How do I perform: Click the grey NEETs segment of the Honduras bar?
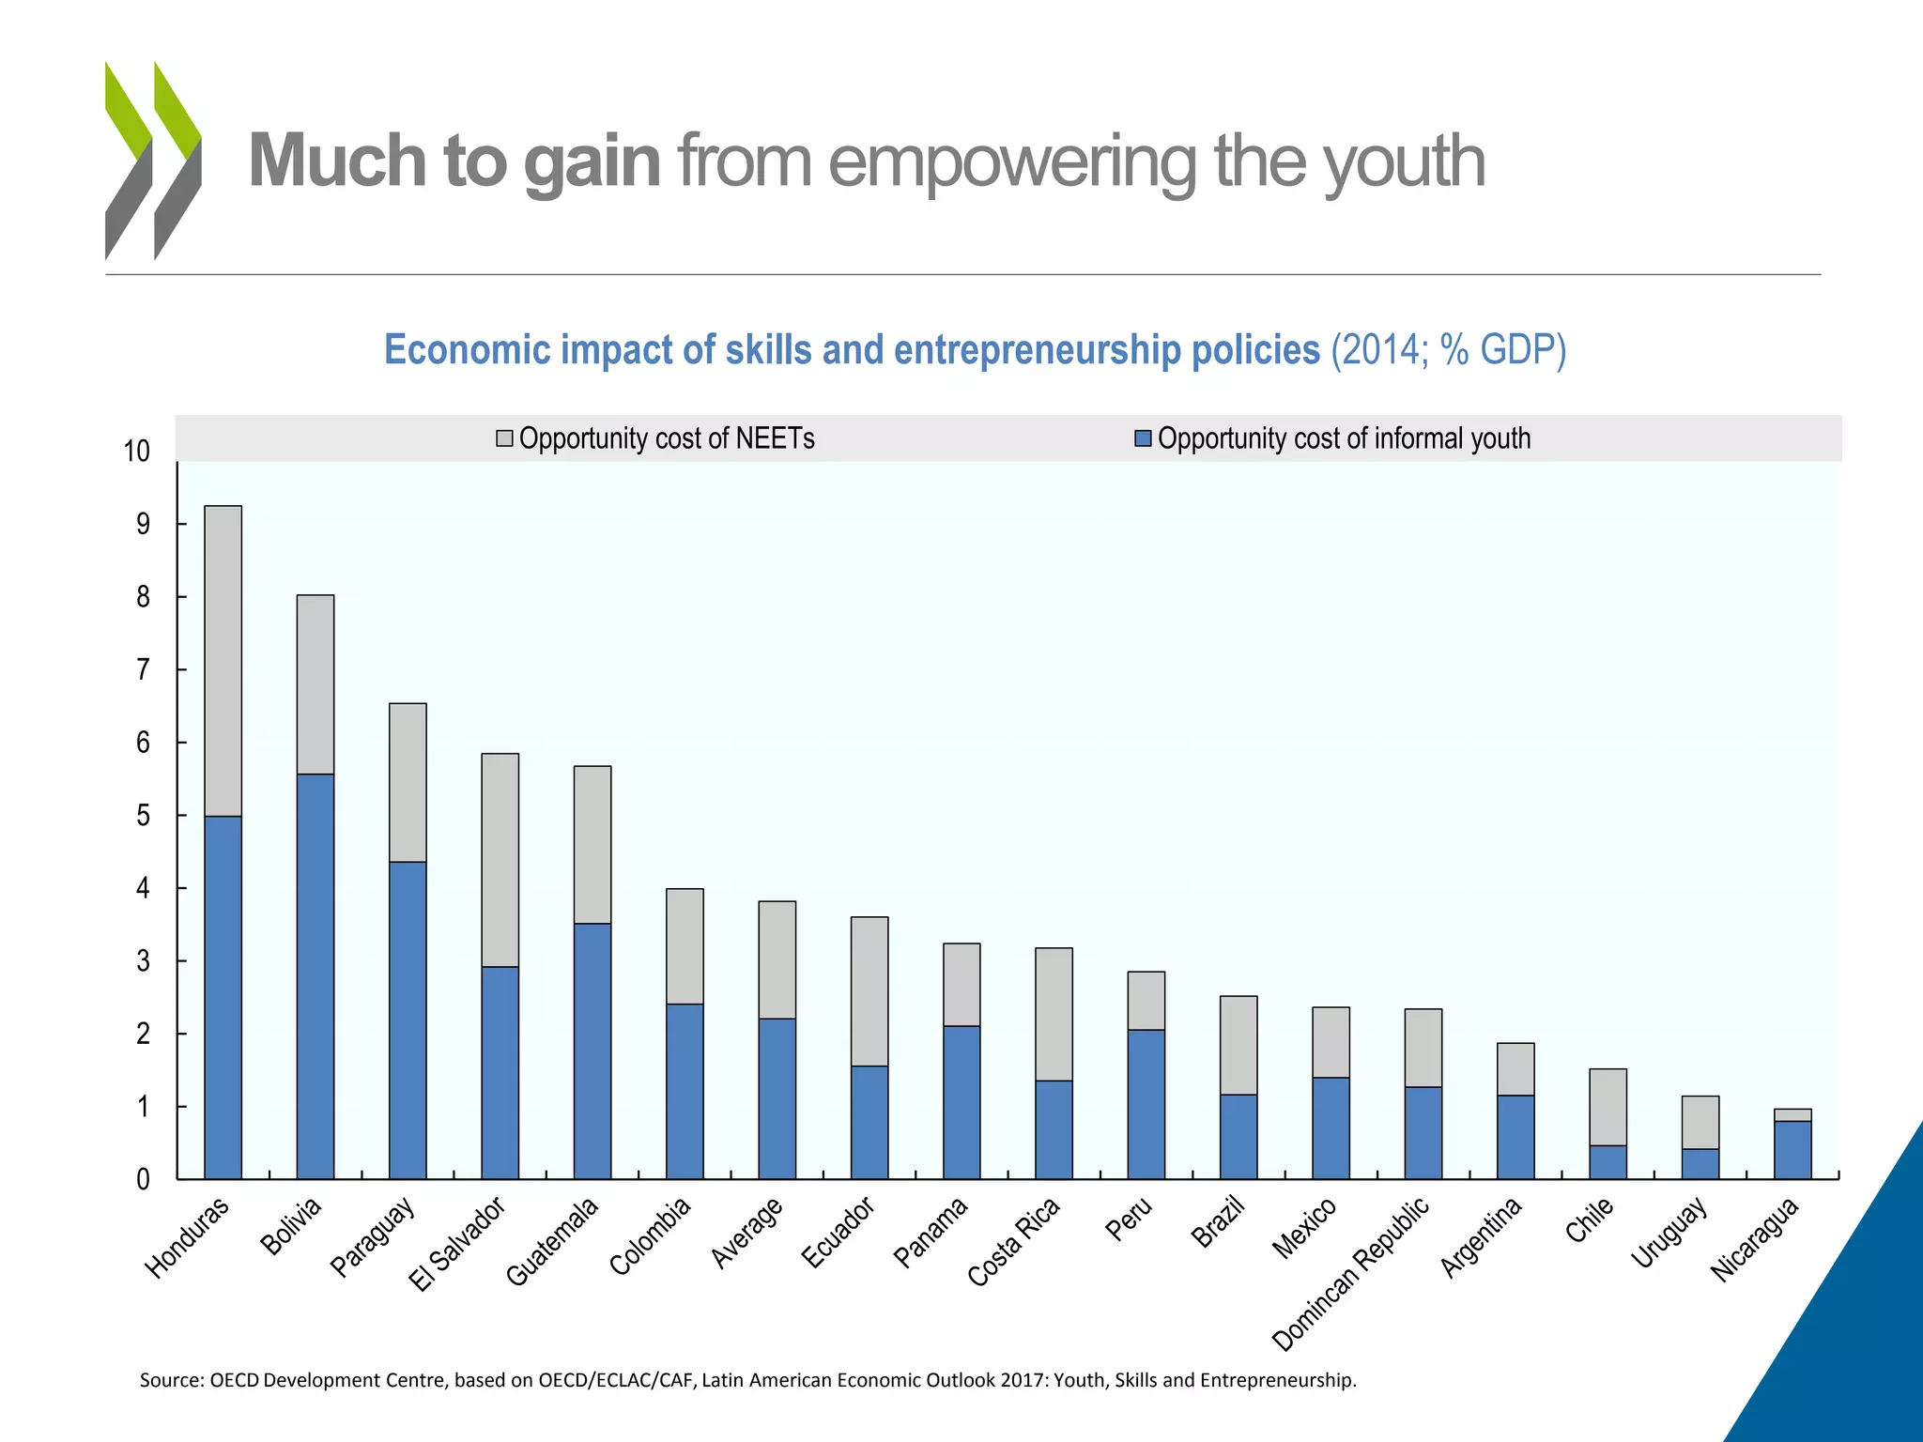(223, 661)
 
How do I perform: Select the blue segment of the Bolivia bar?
(315, 976)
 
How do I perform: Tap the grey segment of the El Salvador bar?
(500, 860)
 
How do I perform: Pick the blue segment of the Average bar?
(777, 1098)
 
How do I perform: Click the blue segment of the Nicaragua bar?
(1792, 1150)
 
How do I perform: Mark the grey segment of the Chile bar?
(1608, 1107)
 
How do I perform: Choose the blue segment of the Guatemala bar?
(592, 1051)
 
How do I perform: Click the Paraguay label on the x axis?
(373, 1237)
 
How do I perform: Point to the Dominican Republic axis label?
(1351, 1273)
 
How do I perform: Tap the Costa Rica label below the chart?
(1014, 1241)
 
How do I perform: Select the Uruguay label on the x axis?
(1669, 1234)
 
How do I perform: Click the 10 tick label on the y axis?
(137, 452)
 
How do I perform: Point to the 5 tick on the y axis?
(143, 816)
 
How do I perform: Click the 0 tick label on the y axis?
(143, 1180)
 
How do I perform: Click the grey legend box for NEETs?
(504, 438)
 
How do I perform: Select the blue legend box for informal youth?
(1143, 438)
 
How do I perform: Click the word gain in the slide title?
(592, 161)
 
